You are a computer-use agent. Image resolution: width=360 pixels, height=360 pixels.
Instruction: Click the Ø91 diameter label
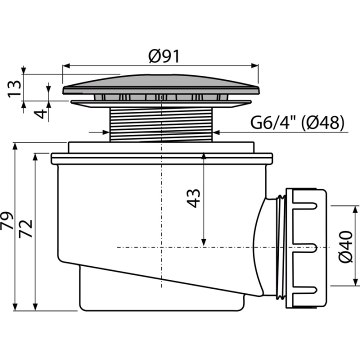click(x=163, y=56)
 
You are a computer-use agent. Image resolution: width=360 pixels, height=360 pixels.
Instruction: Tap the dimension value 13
click(x=14, y=89)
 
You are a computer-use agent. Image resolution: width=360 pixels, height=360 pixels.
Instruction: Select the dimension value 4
click(x=40, y=114)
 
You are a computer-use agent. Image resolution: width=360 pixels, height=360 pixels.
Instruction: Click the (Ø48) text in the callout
click(x=322, y=122)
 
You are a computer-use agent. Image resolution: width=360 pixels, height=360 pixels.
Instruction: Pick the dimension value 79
click(x=7, y=220)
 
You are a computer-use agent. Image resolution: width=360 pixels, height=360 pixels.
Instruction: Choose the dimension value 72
click(x=25, y=228)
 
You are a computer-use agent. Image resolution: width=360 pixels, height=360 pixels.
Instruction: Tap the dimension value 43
click(x=193, y=198)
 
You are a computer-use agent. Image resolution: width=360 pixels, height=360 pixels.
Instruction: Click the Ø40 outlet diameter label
click(x=345, y=247)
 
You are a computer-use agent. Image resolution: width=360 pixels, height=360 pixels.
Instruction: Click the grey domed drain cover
click(x=161, y=84)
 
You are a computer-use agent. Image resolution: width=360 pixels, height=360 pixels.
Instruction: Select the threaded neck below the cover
click(x=161, y=124)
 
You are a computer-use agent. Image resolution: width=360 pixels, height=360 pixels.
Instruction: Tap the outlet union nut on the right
click(x=305, y=248)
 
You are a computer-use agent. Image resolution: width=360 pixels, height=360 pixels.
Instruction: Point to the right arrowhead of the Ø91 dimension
click(x=254, y=65)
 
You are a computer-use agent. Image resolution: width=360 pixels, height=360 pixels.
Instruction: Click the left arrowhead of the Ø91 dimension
click(x=66, y=66)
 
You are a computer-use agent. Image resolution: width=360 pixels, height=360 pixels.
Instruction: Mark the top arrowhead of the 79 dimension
click(x=15, y=146)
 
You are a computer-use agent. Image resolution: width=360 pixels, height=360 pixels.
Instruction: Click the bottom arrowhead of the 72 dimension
click(x=35, y=306)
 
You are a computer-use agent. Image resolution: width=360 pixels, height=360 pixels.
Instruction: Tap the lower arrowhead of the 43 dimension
click(x=203, y=242)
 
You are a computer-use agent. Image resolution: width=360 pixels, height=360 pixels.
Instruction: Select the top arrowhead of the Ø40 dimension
click(x=355, y=209)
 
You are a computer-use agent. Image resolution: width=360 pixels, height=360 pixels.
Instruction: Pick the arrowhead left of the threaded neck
click(x=106, y=132)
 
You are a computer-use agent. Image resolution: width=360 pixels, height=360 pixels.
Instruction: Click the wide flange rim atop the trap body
click(x=162, y=158)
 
